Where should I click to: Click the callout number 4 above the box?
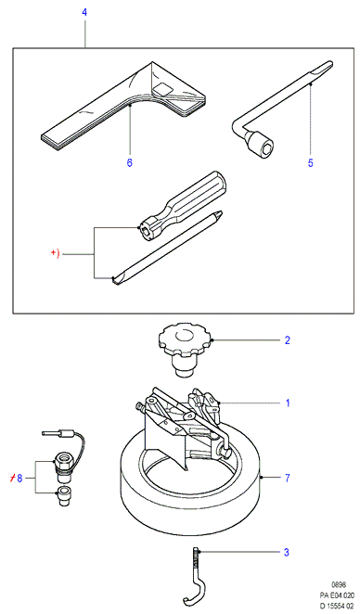pyautogui.click(x=84, y=12)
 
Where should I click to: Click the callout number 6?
pyautogui.click(x=130, y=162)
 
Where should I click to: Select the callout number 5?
pyautogui.click(x=311, y=163)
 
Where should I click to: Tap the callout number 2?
pyautogui.click(x=288, y=340)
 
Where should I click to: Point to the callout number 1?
pyautogui.click(x=288, y=403)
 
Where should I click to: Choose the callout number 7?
pyautogui.click(x=288, y=478)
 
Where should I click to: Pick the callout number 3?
pyautogui.click(x=287, y=553)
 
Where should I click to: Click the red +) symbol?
pyautogui.click(x=56, y=253)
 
